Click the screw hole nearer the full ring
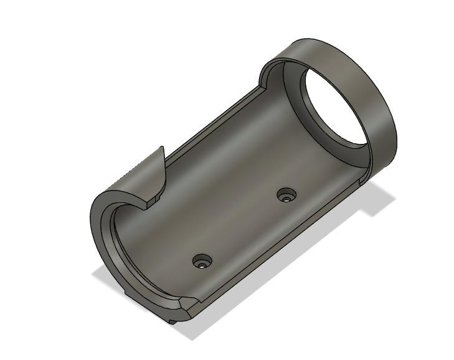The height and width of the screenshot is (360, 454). click(286, 196)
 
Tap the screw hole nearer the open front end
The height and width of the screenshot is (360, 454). click(202, 261)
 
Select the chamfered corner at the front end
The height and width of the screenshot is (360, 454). click(185, 305)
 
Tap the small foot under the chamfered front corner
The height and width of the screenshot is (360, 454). click(173, 320)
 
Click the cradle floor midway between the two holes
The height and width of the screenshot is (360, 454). click(244, 228)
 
